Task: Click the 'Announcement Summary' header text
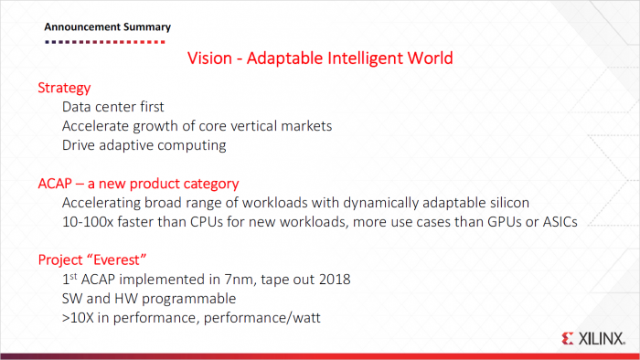(x=107, y=26)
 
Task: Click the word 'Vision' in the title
(x=209, y=59)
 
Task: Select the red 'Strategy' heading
(x=64, y=89)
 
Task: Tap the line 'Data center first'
(x=113, y=107)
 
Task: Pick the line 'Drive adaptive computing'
(x=144, y=145)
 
